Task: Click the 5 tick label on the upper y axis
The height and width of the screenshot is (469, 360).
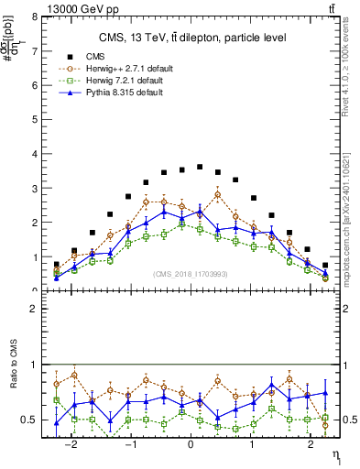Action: tap(36, 119)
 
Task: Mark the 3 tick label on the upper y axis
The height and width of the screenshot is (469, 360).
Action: tap(36, 188)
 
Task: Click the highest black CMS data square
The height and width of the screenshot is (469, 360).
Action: tap(200, 167)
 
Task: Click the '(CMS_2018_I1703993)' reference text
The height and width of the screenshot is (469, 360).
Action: tap(191, 273)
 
